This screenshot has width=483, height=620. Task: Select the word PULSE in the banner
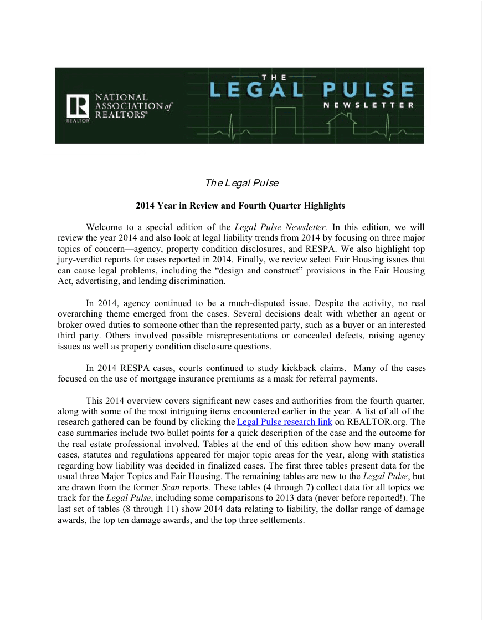369,90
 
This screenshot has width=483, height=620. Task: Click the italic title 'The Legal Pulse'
242,183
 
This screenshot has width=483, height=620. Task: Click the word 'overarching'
80,314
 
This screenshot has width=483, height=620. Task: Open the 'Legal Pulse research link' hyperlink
284,422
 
